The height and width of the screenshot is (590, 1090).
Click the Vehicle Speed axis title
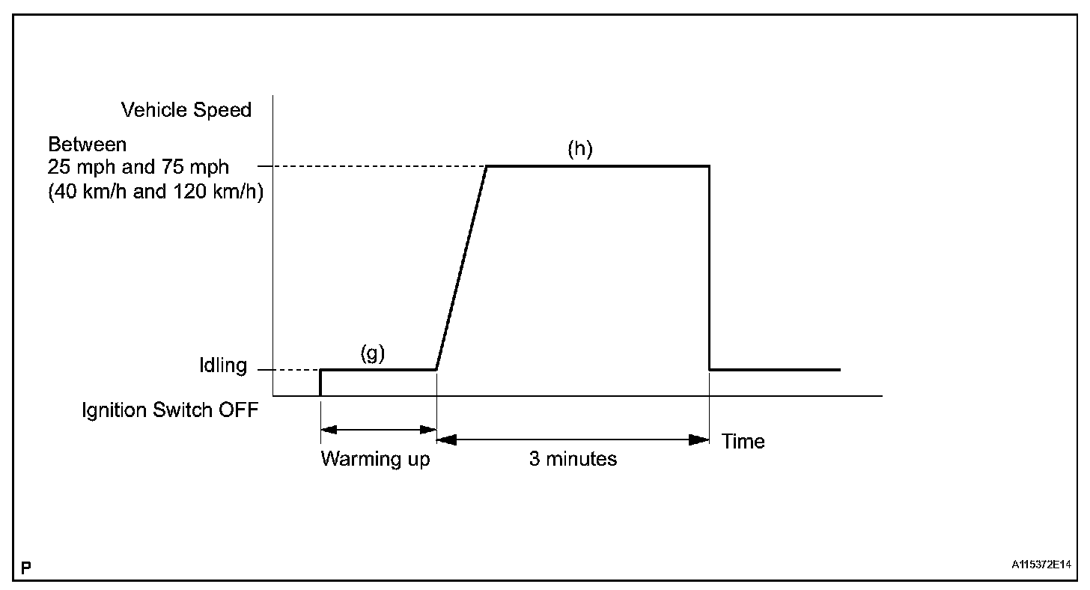point(186,110)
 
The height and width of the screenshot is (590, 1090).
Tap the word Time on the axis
point(743,441)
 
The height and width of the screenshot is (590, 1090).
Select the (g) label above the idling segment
point(372,354)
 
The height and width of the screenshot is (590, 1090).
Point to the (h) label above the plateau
point(579,150)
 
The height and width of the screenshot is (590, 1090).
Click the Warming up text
point(375,458)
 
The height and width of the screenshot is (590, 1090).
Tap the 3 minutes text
point(573,458)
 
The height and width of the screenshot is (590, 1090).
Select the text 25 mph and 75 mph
point(138,167)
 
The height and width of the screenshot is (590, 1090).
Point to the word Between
point(88,144)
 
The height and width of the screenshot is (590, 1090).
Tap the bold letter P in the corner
point(26,569)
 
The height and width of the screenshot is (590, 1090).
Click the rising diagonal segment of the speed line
point(461,268)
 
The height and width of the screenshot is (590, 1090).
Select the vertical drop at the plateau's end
point(709,268)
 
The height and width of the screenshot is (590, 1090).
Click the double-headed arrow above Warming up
point(378,430)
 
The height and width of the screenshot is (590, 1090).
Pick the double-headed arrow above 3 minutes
point(573,440)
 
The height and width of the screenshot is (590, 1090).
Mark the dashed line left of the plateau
point(377,166)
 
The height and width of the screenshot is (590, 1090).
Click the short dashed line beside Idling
point(288,370)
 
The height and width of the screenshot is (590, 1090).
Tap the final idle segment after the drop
point(775,370)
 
